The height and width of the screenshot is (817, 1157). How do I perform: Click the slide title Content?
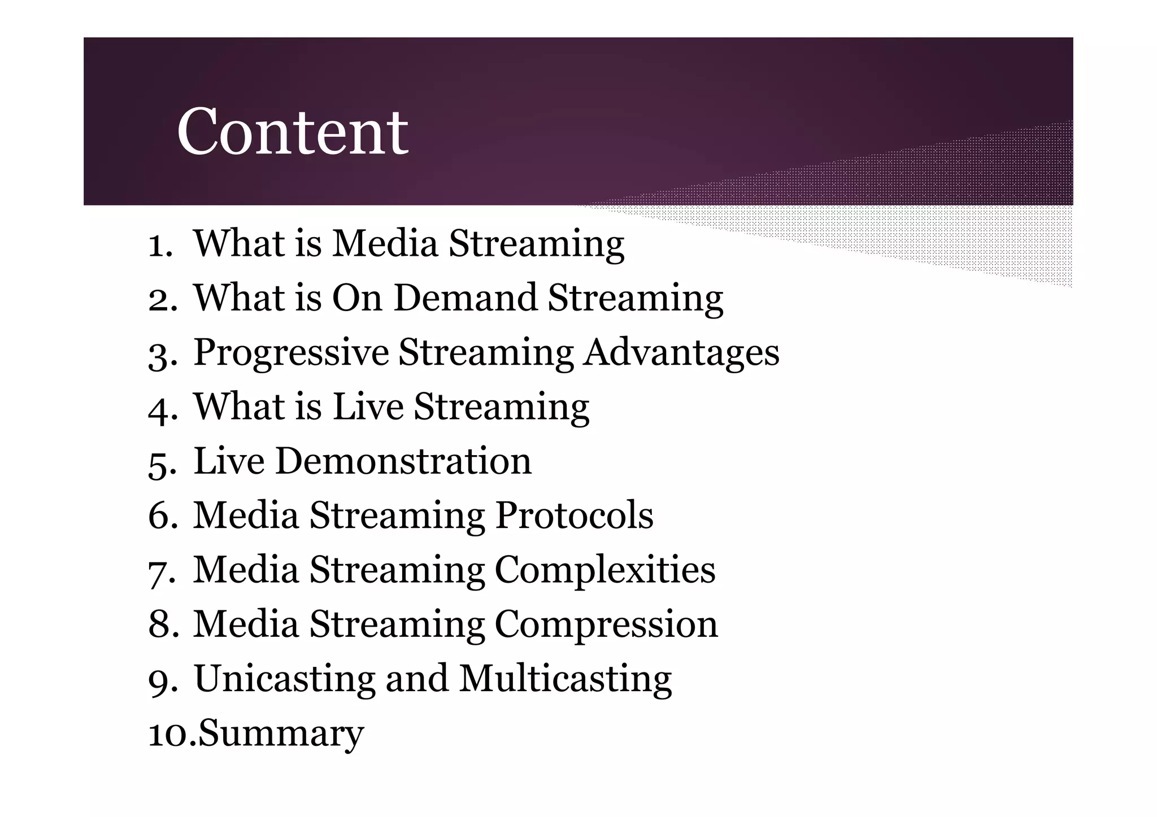pos(292,132)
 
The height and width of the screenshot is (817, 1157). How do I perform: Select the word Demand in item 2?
pos(465,298)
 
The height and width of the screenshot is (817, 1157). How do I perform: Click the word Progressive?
pos(291,353)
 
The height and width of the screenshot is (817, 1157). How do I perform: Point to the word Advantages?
pos(681,353)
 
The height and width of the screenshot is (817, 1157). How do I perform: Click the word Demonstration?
pos(403,461)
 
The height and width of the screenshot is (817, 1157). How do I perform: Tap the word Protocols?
pos(574,515)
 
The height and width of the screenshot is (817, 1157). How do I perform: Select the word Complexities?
pos(605,569)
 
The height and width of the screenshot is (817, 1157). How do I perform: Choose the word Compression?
pos(606,624)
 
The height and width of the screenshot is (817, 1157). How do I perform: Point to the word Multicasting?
pos(566,678)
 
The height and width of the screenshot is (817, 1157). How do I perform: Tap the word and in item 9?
pos(417,678)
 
